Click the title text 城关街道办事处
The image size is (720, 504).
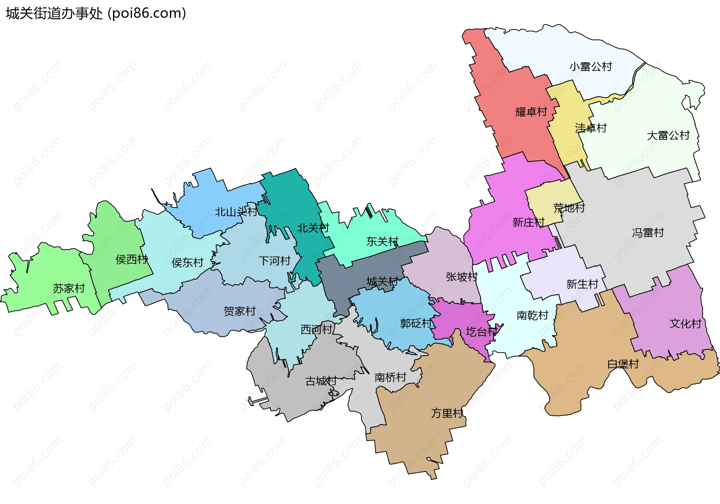coord(54,14)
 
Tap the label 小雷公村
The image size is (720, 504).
coord(591,67)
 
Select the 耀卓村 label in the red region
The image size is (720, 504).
coord(531,112)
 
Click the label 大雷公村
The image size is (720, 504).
coord(668,135)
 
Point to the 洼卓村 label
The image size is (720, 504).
coord(591,128)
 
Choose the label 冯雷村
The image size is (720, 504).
coord(648,233)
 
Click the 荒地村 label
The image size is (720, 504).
coord(569,208)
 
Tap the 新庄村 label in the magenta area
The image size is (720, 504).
coord(528,223)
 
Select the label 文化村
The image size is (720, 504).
coord(685,324)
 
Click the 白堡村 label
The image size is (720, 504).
coord(623,364)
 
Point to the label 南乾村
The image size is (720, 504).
coord(532,316)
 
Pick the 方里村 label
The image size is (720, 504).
coord(447,414)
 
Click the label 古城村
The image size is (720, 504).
coord(321,381)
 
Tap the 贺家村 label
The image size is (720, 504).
coord(239,311)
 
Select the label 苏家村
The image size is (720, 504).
coord(69,289)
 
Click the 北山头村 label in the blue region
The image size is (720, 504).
coord(236,212)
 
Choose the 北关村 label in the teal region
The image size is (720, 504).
coord(313,228)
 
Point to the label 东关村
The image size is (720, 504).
coord(382,242)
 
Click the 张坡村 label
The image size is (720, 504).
coord(462,277)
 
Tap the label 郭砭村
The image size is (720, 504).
coord(415,323)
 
